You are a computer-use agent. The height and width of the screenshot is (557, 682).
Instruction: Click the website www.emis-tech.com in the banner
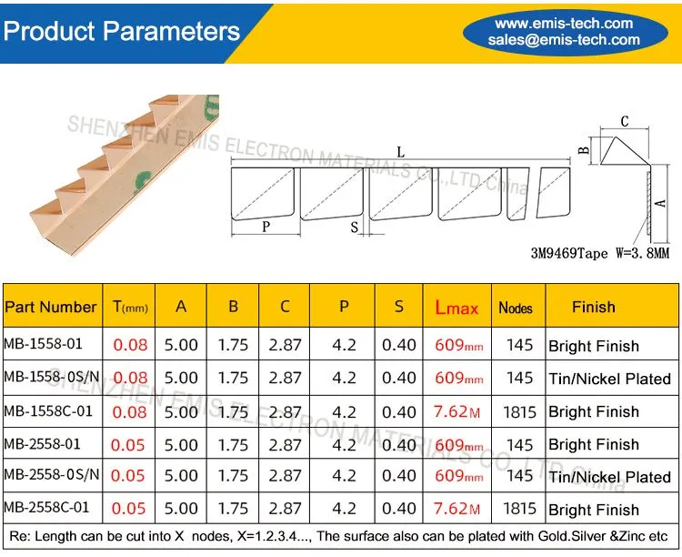[x=564, y=23]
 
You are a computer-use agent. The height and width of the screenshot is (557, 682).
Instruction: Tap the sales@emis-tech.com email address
[x=564, y=40]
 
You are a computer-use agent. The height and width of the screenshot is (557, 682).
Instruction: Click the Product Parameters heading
[x=122, y=31]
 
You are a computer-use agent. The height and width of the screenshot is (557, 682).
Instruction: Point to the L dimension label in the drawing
[x=401, y=152]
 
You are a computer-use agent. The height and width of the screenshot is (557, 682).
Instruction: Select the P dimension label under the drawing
[x=266, y=227]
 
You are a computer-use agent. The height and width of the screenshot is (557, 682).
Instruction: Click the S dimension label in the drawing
[x=355, y=227]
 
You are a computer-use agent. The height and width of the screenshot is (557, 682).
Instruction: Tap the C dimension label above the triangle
[x=625, y=121]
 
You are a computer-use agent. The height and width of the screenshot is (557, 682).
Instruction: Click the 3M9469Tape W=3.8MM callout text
[x=600, y=253]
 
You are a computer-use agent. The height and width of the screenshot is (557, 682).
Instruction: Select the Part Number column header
[x=50, y=307]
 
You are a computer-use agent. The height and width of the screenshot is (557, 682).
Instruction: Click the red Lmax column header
[x=456, y=308]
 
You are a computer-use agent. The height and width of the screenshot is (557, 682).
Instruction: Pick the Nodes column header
[x=516, y=308]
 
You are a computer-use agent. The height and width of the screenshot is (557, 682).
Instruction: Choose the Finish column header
[x=594, y=307]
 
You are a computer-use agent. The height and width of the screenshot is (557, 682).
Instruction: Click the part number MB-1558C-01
[x=48, y=411]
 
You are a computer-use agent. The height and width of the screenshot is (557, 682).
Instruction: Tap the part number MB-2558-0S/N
[x=52, y=474]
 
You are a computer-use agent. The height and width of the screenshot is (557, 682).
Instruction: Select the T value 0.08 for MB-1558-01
[x=130, y=345]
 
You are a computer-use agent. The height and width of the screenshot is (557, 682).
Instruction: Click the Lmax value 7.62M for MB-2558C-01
[x=456, y=508]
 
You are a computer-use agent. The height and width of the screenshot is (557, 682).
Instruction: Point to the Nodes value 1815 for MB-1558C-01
[x=519, y=412]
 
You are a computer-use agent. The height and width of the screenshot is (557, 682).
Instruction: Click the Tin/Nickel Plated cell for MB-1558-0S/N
[x=609, y=379]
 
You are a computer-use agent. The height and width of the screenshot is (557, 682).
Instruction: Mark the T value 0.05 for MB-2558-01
[x=127, y=445]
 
